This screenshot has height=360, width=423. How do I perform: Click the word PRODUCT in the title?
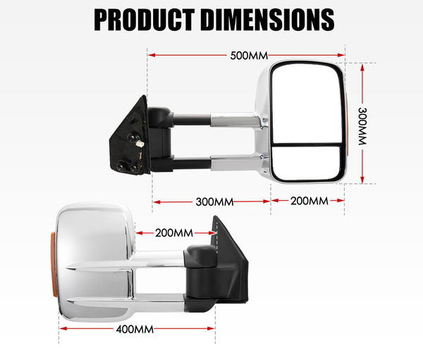click(145, 20)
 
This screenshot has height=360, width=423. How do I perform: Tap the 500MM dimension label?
click(249, 56)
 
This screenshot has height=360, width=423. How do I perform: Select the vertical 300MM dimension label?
click(362, 126)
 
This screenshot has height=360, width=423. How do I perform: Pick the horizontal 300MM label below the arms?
click(214, 202)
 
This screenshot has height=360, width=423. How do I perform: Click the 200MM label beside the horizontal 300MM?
click(309, 201)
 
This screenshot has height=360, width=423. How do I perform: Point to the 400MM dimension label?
click(135, 329)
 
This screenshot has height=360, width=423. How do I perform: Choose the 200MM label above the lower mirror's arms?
click(174, 233)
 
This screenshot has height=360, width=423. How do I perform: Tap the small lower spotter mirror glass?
click(307, 163)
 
